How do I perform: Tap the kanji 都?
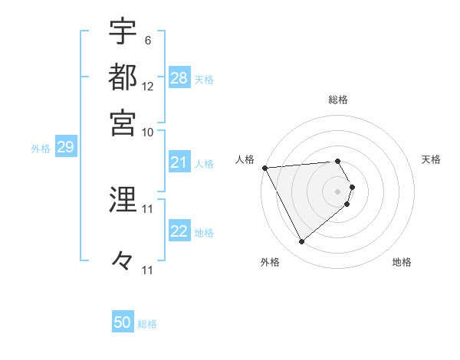click(123, 77)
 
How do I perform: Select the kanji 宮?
click(123, 123)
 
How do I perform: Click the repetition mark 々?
click(123, 261)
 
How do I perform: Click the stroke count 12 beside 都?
click(147, 86)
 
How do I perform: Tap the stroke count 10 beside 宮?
click(147, 132)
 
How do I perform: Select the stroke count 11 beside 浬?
click(147, 208)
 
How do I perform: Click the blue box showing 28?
click(179, 78)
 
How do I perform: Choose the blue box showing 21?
click(179, 162)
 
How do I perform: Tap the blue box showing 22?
click(179, 232)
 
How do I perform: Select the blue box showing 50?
click(123, 322)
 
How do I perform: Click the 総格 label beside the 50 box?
click(147, 324)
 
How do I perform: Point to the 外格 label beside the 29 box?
click(41, 149)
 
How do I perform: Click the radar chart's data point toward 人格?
click(264, 168)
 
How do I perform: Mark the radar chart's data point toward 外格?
click(302, 242)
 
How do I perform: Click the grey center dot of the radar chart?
click(338, 191)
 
